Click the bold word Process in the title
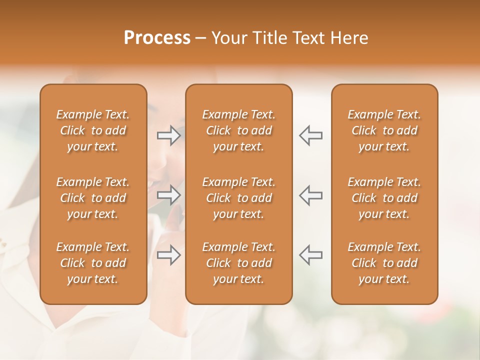pyautogui.click(x=157, y=38)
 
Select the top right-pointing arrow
pyautogui.click(x=169, y=135)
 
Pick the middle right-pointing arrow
pyautogui.click(x=169, y=195)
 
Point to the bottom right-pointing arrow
pyautogui.click(x=169, y=255)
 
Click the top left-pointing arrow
pyautogui.click(x=310, y=135)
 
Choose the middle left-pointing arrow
pyautogui.click(x=310, y=195)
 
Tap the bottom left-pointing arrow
pyautogui.click(x=310, y=255)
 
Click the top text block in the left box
pyautogui.click(x=93, y=130)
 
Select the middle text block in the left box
pyautogui.click(x=93, y=198)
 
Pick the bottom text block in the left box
pyautogui.click(x=93, y=263)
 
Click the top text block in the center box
pyautogui.click(x=238, y=130)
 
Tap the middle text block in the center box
pyautogui.click(x=238, y=198)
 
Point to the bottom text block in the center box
pyautogui.click(x=238, y=263)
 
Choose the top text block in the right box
pyautogui.click(x=384, y=130)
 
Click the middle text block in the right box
pyautogui.click(x=384, y=198)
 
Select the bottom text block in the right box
pyautogui.click(x=384, y=263)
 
